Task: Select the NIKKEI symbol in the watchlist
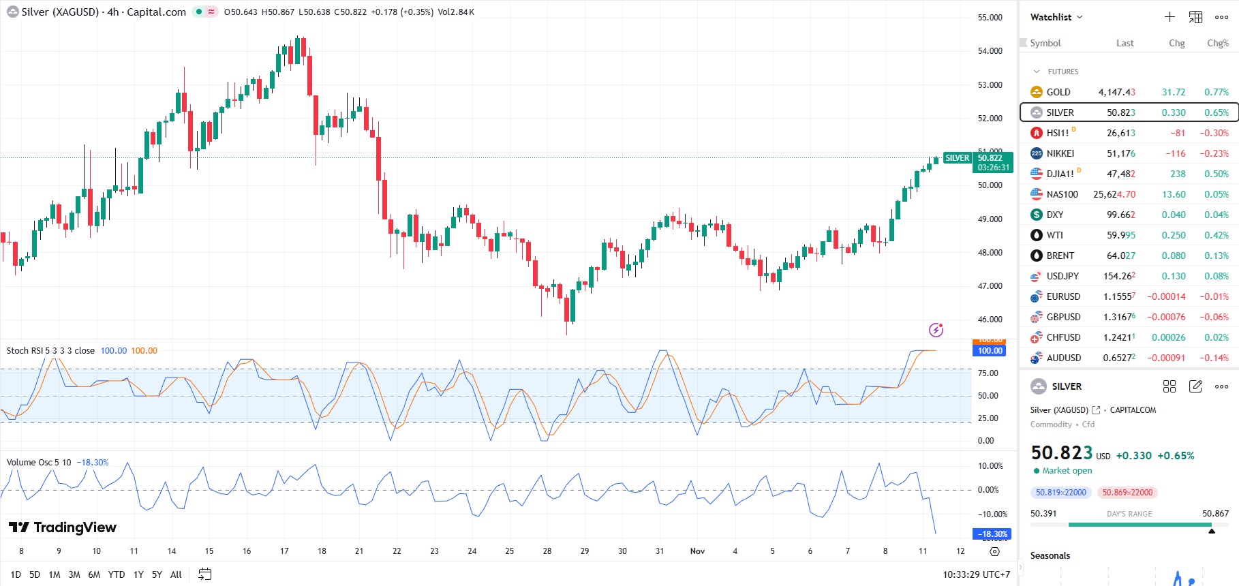point(1060,153)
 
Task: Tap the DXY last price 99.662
point(1120,215)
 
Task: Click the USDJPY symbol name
point(1062,276)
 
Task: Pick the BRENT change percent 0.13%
point(1217,256)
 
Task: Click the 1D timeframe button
point(16,574)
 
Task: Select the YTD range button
point(117,574)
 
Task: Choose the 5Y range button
point(157,574)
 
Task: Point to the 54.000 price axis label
point(990,51)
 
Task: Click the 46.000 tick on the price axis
point(990,320)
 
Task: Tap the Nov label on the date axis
point(697,551)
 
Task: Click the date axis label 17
point(284,551)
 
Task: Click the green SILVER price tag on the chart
point(957,158)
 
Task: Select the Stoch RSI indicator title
point(50,351)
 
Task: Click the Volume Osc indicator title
point(39,463)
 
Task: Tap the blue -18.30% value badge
point(992,534)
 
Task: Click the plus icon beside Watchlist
point(1169,17)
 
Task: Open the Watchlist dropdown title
point(1056,17)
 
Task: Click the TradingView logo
point(62,527)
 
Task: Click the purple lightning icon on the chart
point(936,330)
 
